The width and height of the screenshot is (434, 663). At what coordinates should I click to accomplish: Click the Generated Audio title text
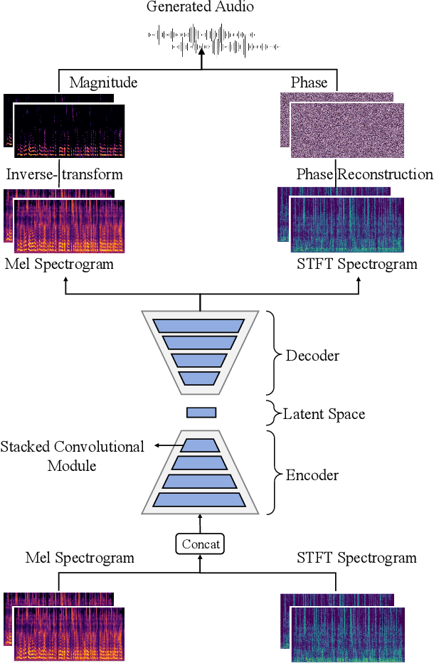coord(200,8)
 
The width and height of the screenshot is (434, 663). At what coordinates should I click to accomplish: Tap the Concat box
coord(201,545)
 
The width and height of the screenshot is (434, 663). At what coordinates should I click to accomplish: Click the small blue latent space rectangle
coord(201,413)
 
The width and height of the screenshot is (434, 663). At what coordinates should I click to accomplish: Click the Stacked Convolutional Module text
coord(72,456)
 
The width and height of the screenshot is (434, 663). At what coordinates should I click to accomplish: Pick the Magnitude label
coord(103,83)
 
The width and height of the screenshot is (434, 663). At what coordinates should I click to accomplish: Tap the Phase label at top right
coord(309,83)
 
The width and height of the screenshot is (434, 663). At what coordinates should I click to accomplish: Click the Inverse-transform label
coord(64,174)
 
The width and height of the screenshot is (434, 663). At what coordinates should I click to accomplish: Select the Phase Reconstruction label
coord(364,174)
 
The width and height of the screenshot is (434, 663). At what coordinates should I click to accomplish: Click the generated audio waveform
coord(213,41)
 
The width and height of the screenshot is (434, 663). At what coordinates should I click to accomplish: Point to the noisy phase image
coord(346,129)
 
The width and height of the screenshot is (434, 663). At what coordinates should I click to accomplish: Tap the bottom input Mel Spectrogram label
coord(80,558)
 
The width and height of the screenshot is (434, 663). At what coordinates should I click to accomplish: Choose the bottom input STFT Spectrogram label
coord(356,558)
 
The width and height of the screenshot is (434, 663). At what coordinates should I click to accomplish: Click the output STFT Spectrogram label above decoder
coord(356,265)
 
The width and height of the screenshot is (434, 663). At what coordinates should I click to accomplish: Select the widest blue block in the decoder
coord(201,324)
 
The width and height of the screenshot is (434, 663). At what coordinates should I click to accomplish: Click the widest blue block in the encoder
coord(201,499)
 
